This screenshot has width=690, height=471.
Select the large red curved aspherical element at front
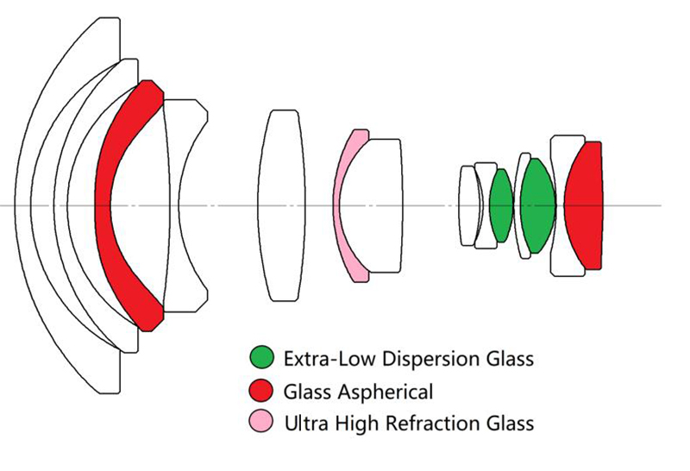point(103,206)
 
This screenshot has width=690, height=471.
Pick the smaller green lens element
point(501,205)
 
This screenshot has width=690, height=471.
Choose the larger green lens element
point(537,205)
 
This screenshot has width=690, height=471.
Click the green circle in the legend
point(261,357)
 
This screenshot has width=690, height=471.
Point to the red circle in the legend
point(261,390)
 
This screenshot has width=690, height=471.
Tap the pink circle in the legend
point(261,421)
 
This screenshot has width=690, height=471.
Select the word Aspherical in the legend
point(385,392)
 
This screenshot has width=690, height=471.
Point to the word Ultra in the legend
point(307,424)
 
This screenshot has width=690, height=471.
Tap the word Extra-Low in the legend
point(329,359)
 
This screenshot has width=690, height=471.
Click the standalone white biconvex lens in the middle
point(281,205)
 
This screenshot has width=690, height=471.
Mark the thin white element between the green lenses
point(519,205)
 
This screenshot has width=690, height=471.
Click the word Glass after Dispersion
point(510,359)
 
